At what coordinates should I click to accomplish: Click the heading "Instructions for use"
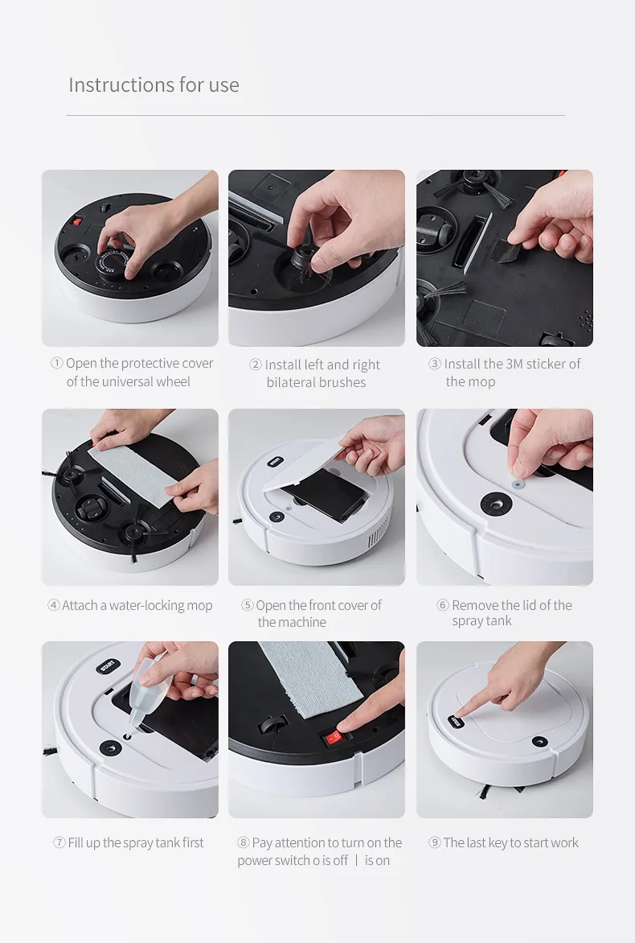[x=154, y=84]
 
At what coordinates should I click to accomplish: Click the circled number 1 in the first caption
[x=56, y=364]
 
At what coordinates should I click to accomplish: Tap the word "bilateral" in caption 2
[x=292, y=383]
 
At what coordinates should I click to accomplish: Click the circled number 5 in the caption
[x=248, y=606]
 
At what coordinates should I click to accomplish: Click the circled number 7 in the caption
[x=59, y=843]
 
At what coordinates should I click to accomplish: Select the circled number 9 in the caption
[x=435, y=843]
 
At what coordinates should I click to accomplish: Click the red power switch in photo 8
[x=333, y=735]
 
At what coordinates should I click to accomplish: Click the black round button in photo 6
[x=495, y=504]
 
